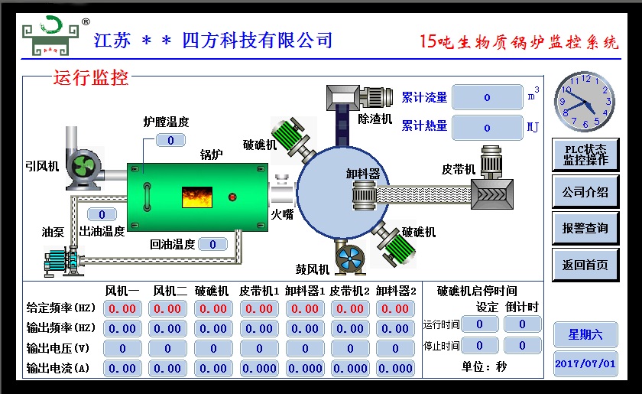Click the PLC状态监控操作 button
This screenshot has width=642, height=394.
585,155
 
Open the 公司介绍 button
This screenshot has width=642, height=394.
585,192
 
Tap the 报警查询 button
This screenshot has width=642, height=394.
585,228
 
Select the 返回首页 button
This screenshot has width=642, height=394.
585,265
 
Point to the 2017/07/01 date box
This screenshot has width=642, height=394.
585,363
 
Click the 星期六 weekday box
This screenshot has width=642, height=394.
585,334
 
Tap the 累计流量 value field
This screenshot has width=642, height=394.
487,97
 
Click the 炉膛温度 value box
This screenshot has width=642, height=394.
171,140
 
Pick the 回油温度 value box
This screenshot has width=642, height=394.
212,244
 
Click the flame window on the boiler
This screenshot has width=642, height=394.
196,197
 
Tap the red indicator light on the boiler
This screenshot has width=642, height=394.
232,197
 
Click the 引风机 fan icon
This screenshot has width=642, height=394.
82,167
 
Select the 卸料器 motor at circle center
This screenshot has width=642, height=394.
365,197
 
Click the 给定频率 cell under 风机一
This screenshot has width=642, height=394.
122,309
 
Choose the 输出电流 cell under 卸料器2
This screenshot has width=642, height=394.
396,368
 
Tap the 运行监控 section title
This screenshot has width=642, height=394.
90,77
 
